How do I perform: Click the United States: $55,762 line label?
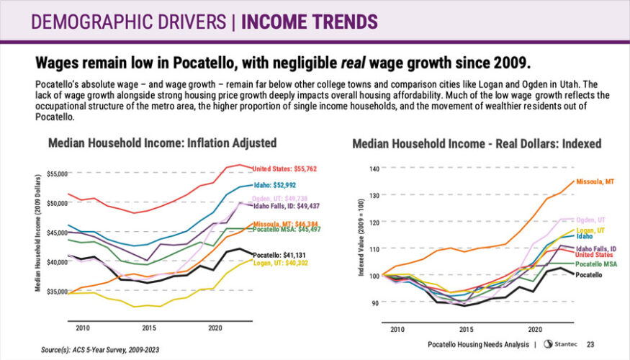click(x=284, y=169)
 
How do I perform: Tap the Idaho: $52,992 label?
click(x=274, y=185)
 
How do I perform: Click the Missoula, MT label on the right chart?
click(x=595, y=181)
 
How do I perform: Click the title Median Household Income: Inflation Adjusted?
click(x=162, y=143)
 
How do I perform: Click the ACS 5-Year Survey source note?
click(x=101, y=349)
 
